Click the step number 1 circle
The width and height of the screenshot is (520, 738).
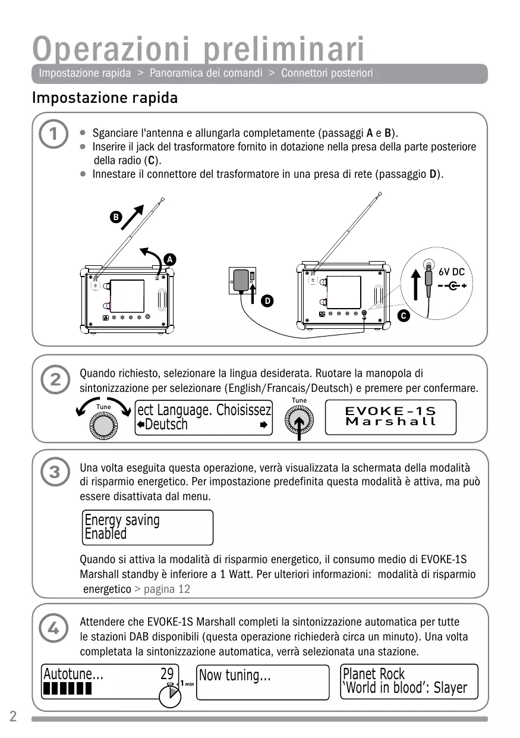54,136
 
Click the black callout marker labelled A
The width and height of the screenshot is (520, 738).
169,260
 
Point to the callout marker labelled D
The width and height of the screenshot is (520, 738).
268,302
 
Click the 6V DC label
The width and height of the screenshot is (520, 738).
452,272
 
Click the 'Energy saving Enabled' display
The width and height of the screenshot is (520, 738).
147,527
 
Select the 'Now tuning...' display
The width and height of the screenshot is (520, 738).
262,682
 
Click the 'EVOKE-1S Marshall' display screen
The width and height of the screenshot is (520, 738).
390,416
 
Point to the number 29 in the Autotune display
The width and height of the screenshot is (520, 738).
167,674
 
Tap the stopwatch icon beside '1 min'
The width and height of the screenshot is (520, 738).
170,695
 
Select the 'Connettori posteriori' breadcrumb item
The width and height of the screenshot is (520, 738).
327,73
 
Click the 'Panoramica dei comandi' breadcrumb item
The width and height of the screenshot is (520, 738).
206,73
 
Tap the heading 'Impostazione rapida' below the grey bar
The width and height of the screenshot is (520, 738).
105,98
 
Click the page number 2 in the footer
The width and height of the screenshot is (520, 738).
12,716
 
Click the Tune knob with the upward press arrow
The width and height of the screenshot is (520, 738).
300,422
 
